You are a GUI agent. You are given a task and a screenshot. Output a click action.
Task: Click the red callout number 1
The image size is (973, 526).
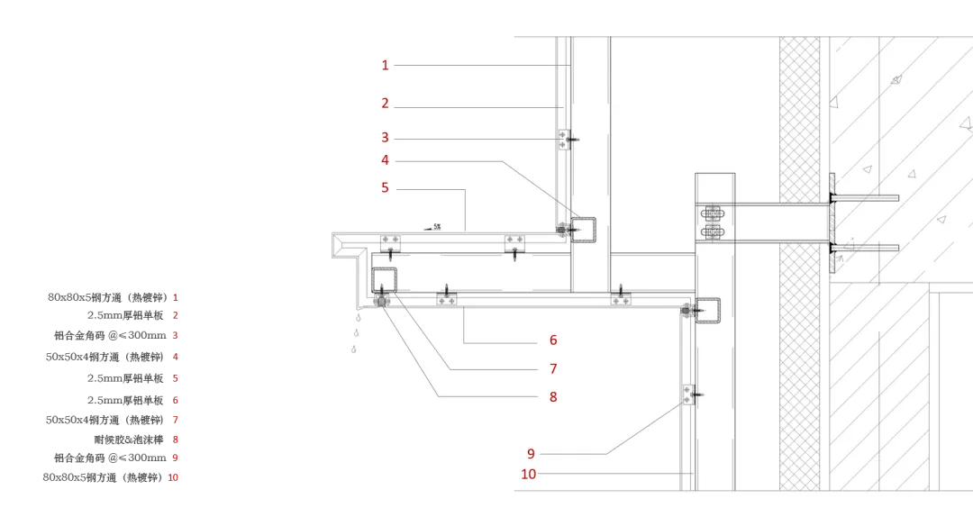pos(385,65)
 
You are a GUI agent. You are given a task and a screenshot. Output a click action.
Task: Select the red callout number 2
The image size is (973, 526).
pos(385,104)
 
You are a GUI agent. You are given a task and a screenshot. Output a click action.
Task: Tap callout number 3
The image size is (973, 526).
pos(385,138)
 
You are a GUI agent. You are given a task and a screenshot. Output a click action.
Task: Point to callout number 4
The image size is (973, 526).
pos(385,160)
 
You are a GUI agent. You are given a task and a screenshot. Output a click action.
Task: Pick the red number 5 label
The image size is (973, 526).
pos(385,188)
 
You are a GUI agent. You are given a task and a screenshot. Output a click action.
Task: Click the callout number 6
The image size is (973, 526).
pos(553,340)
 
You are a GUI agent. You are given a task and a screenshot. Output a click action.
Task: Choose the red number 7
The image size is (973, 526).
pos(553,368)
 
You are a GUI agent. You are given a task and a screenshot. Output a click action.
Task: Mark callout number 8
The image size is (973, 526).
pos(553,396)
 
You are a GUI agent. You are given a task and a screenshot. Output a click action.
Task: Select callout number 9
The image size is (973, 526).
pos(532,453)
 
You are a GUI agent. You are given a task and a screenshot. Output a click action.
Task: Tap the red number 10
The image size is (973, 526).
pos(529,474)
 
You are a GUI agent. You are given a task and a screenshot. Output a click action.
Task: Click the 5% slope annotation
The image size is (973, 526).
pos(437,227)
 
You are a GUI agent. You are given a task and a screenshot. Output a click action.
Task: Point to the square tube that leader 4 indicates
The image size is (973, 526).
pos(582,229)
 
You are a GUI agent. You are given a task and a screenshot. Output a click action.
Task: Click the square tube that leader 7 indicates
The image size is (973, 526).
pos(385,279)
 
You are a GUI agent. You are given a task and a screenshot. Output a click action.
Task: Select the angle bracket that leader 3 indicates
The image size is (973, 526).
pos(564,140)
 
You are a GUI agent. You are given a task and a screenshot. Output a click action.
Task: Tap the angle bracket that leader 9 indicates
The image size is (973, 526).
pos(688,394)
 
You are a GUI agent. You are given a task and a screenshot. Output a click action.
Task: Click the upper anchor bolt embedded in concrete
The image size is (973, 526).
pos(865,197)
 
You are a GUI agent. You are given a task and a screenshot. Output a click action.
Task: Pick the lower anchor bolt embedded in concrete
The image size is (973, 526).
pos(865,245)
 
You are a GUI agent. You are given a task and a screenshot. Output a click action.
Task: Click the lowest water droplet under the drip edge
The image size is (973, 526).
pos(353,349)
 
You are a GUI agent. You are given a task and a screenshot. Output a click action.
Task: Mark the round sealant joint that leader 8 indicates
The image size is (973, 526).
pos(382,303)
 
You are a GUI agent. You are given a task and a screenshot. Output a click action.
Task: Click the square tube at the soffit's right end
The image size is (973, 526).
pos(706,310)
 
